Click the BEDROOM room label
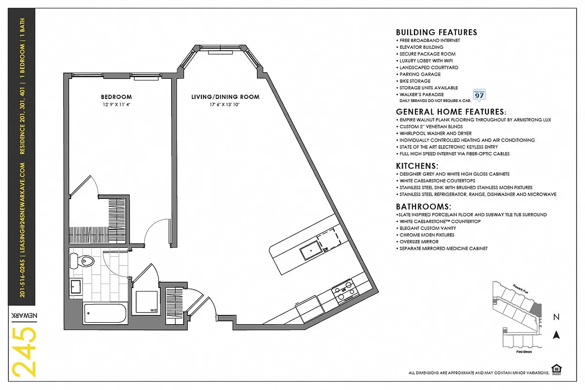tap(117, 97)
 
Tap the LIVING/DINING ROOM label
tap(225, 97)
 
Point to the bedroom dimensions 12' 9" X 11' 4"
tap(117, 104)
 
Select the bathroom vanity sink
tap(77, 287)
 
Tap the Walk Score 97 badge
tap(479, 95)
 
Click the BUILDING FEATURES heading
tap(436, 32)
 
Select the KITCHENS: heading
tap(417, 166)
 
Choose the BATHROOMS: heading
tap(423, 206)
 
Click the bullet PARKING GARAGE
tap(420, 74)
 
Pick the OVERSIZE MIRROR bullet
tap(419, 242)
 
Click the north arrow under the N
tap(556, 335)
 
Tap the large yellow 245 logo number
tap(24, 352)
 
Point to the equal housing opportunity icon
tap(555, 369)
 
